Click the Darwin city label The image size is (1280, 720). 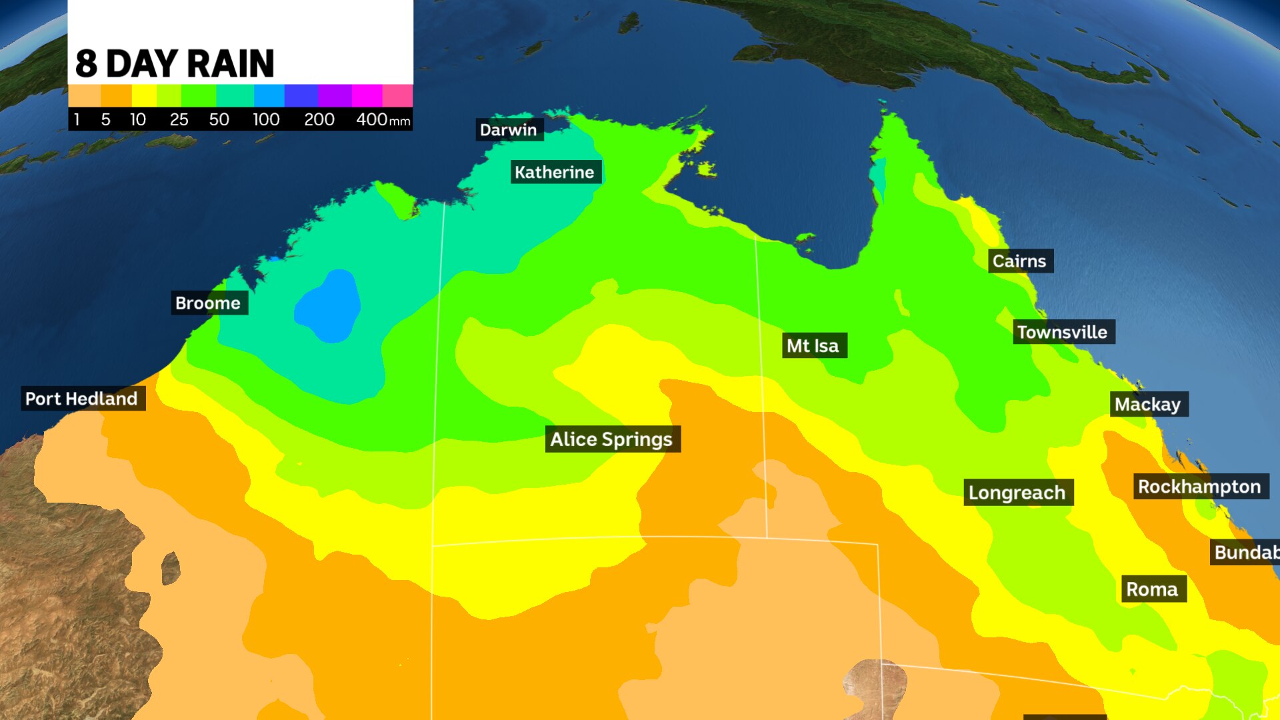point(509,129)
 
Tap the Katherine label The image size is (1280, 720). point(555,172)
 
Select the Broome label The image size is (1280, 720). point(208,303)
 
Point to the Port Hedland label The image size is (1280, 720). point(81,399)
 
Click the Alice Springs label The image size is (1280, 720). point(611,439)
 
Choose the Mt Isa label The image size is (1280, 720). point(813,345)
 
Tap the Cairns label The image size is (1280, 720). point(1019,261)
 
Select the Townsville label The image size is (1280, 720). point(1062,332)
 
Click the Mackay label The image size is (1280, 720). point(1147,404)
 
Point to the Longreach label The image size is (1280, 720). point(1017,493)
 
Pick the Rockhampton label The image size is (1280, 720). point(1199,487)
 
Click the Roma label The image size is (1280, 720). point(1152,589)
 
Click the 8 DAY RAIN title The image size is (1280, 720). point(175,64)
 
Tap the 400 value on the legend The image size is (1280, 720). point(372,119)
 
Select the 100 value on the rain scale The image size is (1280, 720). point(266,119)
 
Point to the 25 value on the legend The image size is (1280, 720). point(179,119)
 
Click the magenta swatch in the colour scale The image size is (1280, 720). point(367,95)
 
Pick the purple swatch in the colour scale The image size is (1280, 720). point(335,95)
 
